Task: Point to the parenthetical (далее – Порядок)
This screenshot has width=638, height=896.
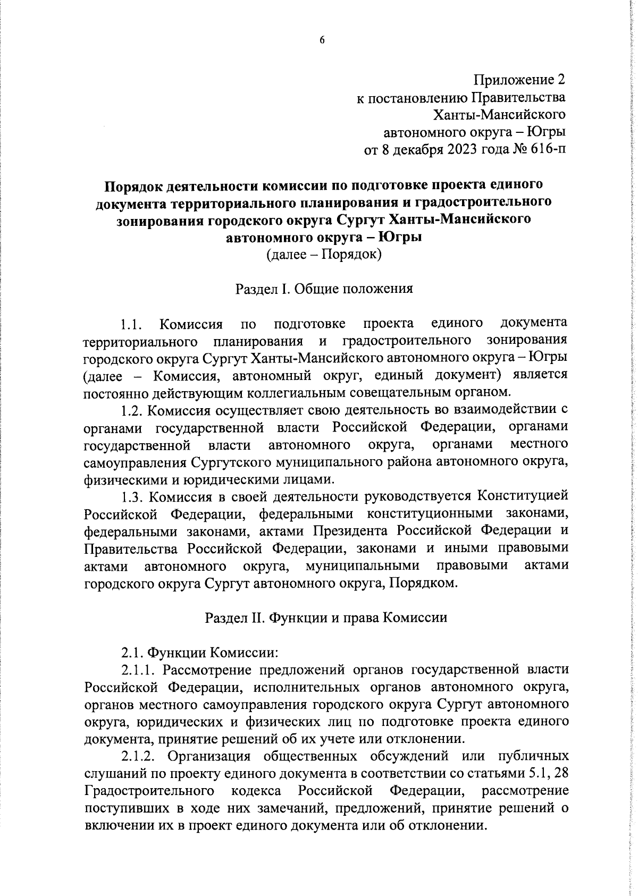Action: tap(324, 255)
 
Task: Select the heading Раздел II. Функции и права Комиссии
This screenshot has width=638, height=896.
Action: tap(326, 618)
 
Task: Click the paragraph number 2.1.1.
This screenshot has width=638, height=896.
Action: tap(138, 669)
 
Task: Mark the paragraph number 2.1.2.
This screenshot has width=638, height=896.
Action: tap(138, 756)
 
